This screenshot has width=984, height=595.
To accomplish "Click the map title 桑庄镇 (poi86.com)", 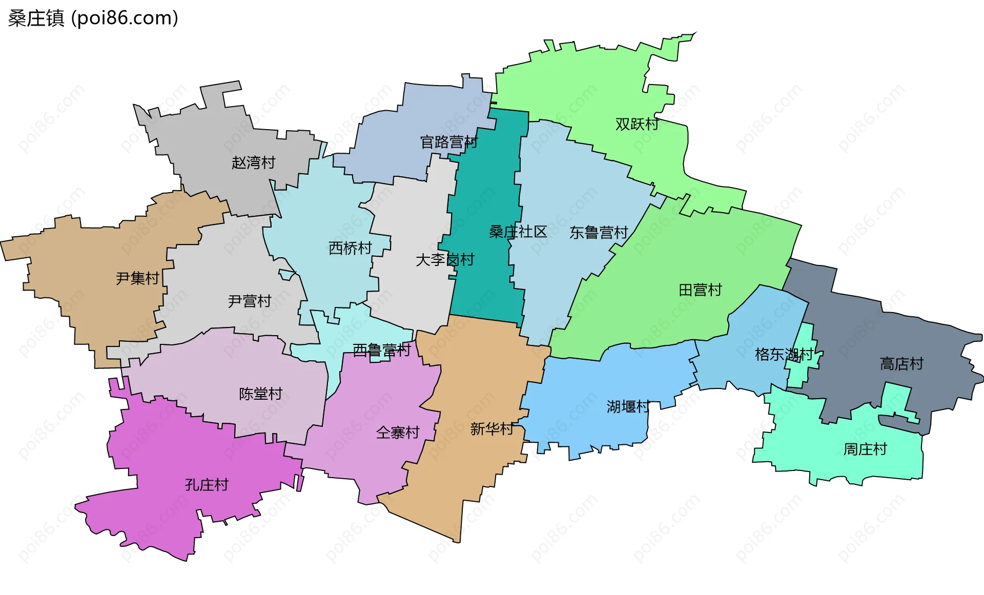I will coord(93,18).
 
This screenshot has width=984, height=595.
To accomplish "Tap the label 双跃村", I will coord(637,124).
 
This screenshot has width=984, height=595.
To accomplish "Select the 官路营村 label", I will coord(448,142).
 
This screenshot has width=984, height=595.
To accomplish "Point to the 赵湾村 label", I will coord(253,162).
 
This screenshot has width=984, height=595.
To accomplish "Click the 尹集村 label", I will coord(137,278).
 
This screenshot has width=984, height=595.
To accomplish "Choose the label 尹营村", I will coord(249,301).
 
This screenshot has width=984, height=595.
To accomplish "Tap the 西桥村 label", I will coord(350,248).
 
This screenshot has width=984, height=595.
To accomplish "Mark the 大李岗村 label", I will coord(445,260).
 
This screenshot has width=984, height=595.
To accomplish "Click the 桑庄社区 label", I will coord(518,232).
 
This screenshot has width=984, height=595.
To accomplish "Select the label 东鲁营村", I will coord(599,233).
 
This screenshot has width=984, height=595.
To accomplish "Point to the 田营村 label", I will coord(700,290).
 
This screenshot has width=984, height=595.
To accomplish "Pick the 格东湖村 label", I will coord(784,354).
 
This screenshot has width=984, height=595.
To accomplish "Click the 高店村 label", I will coord(901,364).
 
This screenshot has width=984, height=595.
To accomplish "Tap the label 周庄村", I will coord(865,449).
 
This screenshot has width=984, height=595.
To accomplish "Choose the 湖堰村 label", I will coord(628,407).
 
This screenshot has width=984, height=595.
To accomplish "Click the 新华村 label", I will coord(491,429).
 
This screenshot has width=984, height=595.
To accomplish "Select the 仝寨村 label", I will coord(398,433).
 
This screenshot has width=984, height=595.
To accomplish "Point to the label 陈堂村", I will coord(260,394).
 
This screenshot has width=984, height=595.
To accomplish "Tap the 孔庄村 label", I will coord(207,485).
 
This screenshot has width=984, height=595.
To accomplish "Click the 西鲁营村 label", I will coord(382,351).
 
